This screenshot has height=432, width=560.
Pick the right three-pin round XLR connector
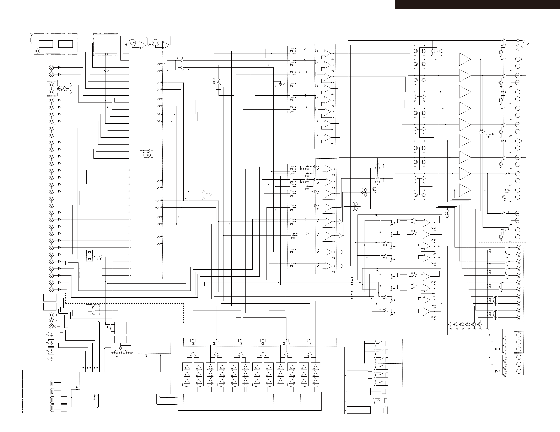[155, 43]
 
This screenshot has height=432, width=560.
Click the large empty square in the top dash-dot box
[106, 44]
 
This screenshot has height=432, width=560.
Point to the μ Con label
[93, 314]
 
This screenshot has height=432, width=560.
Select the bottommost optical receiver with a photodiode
[51, 359]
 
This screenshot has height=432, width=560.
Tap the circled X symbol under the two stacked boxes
[120, 348]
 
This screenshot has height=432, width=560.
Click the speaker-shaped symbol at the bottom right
[385, 410]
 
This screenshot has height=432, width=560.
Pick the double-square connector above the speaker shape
[384, 391]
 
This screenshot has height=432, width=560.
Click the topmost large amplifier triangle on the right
[465, 59]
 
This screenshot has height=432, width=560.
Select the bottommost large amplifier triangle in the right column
[465, 190]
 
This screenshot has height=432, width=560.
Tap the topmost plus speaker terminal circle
[517, 59]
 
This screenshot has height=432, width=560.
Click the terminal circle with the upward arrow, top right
[518, 50]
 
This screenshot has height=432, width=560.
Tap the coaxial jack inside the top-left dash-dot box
[38, 51]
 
